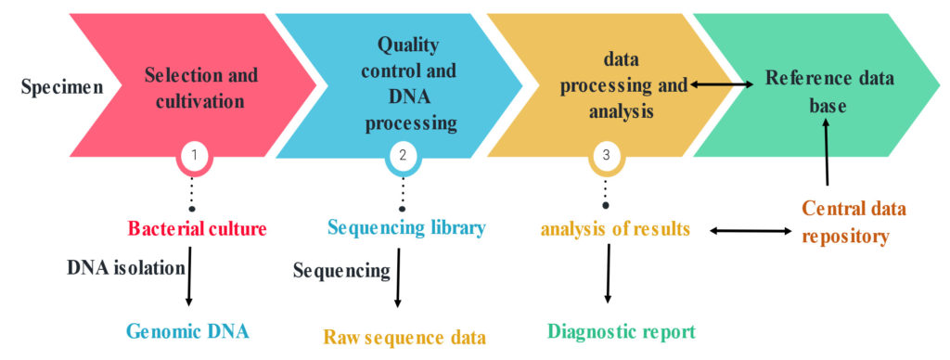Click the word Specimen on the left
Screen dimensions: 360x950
pos(61,89)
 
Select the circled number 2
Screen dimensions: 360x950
pos(403,156)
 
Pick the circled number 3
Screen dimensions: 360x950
pos(606,156)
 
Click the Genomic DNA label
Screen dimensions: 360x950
pos(188,331)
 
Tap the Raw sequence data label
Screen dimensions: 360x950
pos(404,336)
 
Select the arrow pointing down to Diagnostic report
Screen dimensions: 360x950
pos(608,276)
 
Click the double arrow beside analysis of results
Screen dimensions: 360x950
pos(751,228)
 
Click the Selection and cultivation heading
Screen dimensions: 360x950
pos(201,87)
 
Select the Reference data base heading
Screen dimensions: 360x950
pos(829,92)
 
